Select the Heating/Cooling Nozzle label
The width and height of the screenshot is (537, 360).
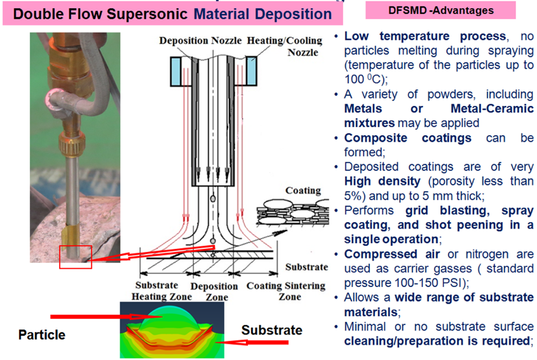point(285,46)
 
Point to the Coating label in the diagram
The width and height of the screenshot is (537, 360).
point(303,190)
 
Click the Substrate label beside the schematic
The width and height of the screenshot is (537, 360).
point(306,267)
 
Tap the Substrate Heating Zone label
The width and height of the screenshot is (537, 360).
point(159,291)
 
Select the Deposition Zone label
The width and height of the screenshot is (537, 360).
point(214,292)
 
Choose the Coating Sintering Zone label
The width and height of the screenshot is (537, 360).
point(286,291)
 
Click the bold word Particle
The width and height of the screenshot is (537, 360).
point(42,335)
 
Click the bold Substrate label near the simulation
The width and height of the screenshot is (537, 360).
point(272,330)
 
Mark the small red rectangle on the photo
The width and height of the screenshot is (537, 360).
point(76,256)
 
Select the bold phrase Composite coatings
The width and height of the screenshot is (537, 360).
point(408,138)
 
